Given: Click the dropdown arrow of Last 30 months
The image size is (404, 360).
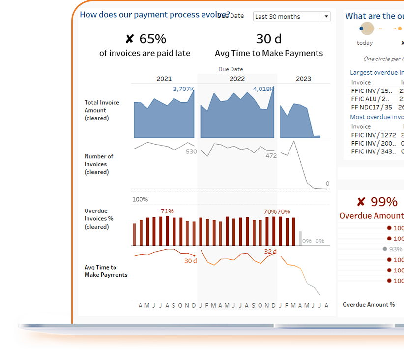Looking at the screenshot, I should click(x=326, y=17).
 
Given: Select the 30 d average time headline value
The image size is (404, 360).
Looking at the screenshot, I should click(x=268, y=39).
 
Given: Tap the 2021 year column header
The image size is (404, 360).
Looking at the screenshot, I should click(x=164, y=79).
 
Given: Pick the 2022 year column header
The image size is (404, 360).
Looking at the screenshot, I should click(x=237, y=79).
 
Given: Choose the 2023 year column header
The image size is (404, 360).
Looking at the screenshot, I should click(x=303, y=79).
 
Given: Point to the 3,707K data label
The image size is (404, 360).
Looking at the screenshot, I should click(x=183, y=89).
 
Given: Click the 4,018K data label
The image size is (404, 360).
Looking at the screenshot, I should click(x=263, y=89).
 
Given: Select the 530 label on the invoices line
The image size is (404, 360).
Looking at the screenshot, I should click(x=191, y=151).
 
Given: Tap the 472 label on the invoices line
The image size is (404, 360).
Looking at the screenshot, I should click(x=271, y=156).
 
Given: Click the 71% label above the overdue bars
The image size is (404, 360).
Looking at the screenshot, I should click(x=167, y=211).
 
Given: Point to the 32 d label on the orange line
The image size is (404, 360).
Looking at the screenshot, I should click(x=270, y=252).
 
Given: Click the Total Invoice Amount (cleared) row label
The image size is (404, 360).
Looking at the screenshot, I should click(x=101, y=110).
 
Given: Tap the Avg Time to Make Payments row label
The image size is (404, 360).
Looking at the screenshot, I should click(x=106, y=271).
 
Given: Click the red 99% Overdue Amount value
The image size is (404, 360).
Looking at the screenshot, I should click(x=376, y=202).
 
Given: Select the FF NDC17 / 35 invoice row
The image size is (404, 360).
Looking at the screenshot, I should click(x=372, y=107).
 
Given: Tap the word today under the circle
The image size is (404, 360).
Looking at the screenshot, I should click(x=365, y=43).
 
